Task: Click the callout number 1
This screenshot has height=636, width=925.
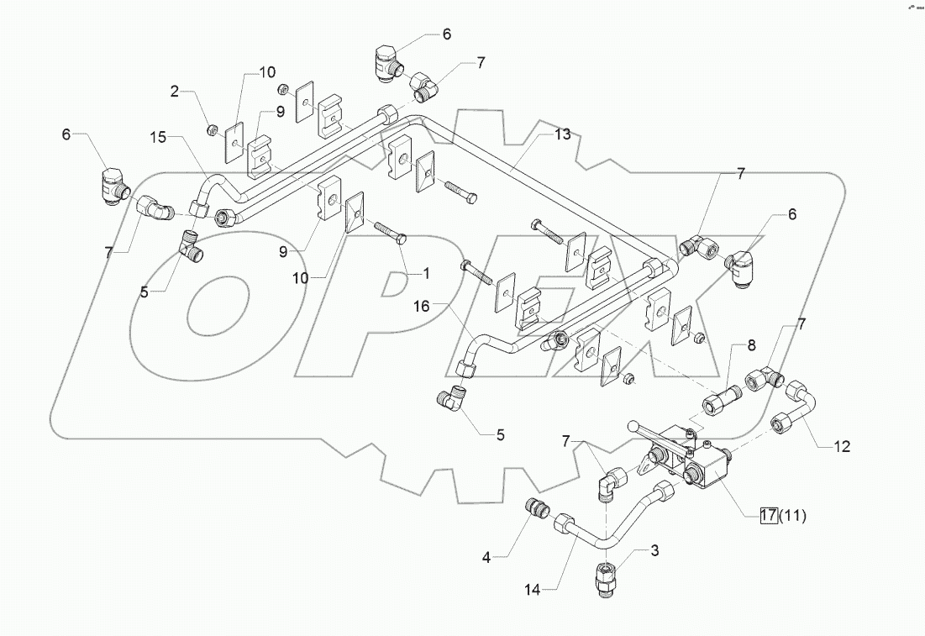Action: pos(426,273)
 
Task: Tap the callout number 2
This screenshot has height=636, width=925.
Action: pos(175,92)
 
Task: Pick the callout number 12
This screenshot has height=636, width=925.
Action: pos(842,447)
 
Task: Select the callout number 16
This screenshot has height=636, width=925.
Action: pos(421,308)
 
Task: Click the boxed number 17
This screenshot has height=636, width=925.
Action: pos(768,517)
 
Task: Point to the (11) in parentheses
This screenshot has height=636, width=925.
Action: pos(793,517)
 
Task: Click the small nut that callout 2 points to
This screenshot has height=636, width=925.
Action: pos(213,129)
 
